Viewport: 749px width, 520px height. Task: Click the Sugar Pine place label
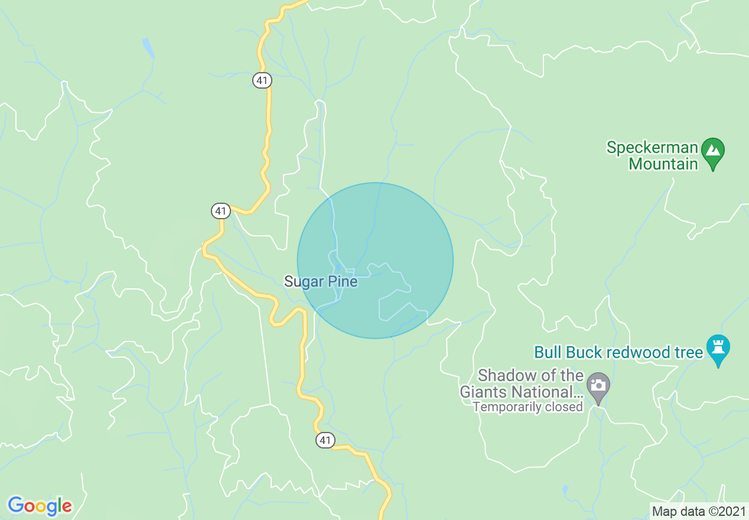tap(321, 281)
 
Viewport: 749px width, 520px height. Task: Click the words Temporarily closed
tap(527, 407)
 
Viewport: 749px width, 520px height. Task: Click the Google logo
tap(40, 506)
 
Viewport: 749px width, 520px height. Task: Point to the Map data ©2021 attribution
tap(699, 511)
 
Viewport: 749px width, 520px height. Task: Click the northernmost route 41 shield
tap(262, 80)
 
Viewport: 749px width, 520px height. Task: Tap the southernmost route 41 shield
tap(325, 440)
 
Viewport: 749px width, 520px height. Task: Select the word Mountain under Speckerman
tap(663, 164)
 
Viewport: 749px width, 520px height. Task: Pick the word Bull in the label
tap(547, 353)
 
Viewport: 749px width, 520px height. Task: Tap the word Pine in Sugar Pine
tap(343, 281)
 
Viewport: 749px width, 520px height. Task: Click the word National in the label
tap(548, 392)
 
